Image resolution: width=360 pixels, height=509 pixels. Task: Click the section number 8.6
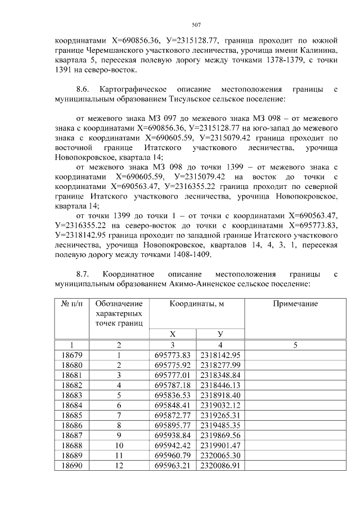pos(83,89)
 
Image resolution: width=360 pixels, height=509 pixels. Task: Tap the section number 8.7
pos(83,274)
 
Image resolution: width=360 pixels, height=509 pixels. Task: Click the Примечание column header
pos(295,304)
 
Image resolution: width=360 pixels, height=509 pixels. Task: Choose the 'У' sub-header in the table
pos(220,334)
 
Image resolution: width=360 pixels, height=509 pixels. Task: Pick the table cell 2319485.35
pos(220,426)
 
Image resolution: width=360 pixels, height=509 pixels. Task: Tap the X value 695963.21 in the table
pos(173,466)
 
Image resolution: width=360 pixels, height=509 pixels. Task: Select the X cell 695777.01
pos(173,375)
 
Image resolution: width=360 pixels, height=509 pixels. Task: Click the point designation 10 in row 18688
pos(119,446)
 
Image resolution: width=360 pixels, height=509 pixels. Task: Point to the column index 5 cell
pos(295,345)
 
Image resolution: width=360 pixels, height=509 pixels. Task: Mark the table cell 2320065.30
pos(220,456)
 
